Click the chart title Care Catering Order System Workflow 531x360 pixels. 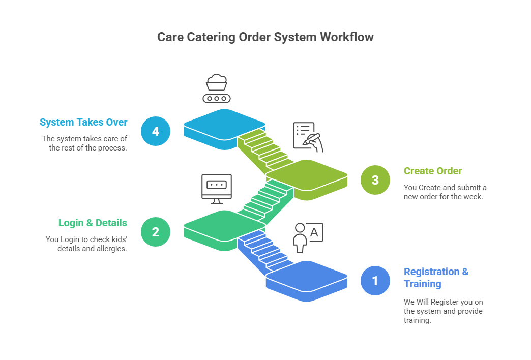coord(265,37)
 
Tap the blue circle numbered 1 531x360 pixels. coord(375,281)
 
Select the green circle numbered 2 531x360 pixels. coord(155,232)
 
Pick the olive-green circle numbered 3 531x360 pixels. coord(375,180)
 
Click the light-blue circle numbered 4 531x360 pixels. coord(155,131)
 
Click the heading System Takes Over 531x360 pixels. coord(83,123)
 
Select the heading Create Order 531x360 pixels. coord(432,171)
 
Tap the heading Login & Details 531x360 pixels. coord(93,223)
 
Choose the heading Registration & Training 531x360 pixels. coord(436,278)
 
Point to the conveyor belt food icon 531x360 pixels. coord(216,89)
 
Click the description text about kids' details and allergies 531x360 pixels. coord(86,244)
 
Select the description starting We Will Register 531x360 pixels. coord(443,311)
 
